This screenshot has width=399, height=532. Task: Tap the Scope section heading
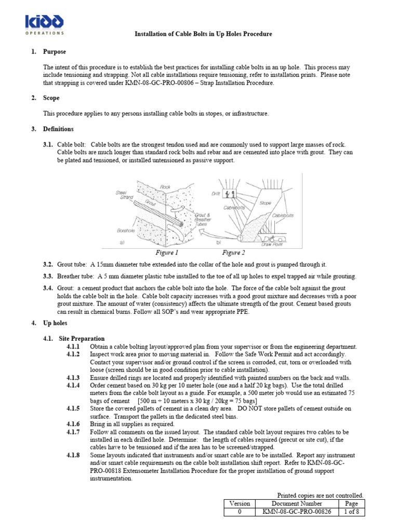[x=52, y=98]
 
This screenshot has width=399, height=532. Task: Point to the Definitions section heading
[x=59, y=129]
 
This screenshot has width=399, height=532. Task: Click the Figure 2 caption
[x=233, y=253]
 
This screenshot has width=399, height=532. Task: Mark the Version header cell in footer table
[x=240, y=503]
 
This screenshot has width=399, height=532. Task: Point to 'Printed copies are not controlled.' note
[x=321, y=495]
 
